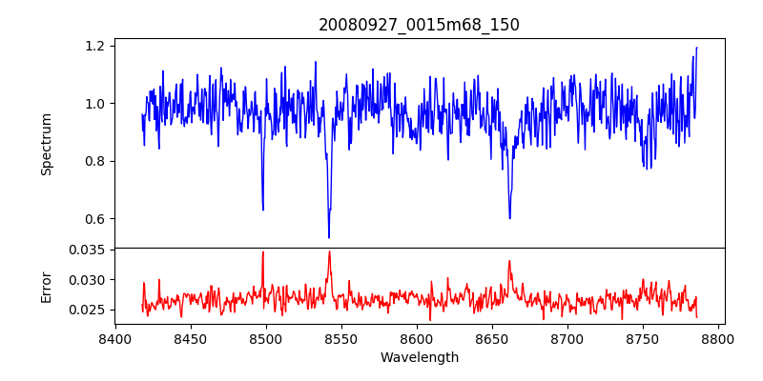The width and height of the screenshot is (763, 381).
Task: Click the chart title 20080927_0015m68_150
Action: [x=419, y=25]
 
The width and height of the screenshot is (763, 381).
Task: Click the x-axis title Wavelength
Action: [x=419, y=358]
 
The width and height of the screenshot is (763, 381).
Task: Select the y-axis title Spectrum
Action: [x=46, y=144]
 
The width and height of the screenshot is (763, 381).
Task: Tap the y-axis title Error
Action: [x=46, y=287]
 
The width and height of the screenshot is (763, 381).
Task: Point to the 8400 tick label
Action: [x=115, y=339]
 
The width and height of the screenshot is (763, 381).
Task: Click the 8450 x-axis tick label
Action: [x=191, y=339]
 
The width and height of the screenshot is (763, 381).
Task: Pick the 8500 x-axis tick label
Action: [x=266, y=339]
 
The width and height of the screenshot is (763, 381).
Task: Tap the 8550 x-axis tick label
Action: [x=341, y=339]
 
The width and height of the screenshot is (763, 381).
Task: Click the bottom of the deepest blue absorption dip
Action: [x=329, y=237]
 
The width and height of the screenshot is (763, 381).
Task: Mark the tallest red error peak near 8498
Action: [x=263, y=252]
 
